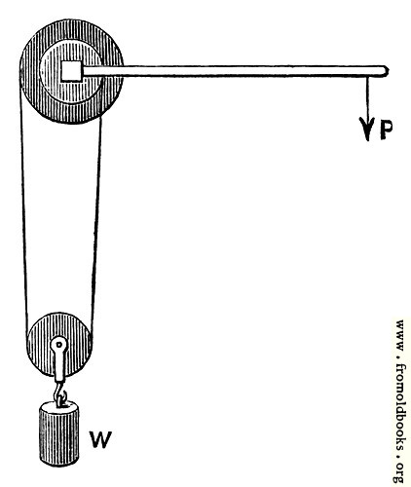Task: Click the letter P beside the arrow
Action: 386,130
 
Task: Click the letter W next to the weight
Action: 101,439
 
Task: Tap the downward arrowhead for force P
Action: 367,129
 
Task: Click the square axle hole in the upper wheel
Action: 72,71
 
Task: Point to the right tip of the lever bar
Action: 388,71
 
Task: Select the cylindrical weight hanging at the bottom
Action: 59,433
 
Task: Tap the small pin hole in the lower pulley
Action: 59,345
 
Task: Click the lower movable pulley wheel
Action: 59,345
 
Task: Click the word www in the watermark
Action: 400,335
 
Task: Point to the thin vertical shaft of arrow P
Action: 367,97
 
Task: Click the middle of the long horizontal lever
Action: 235,71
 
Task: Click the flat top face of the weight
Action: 59,406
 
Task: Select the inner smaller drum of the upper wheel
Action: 71,71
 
